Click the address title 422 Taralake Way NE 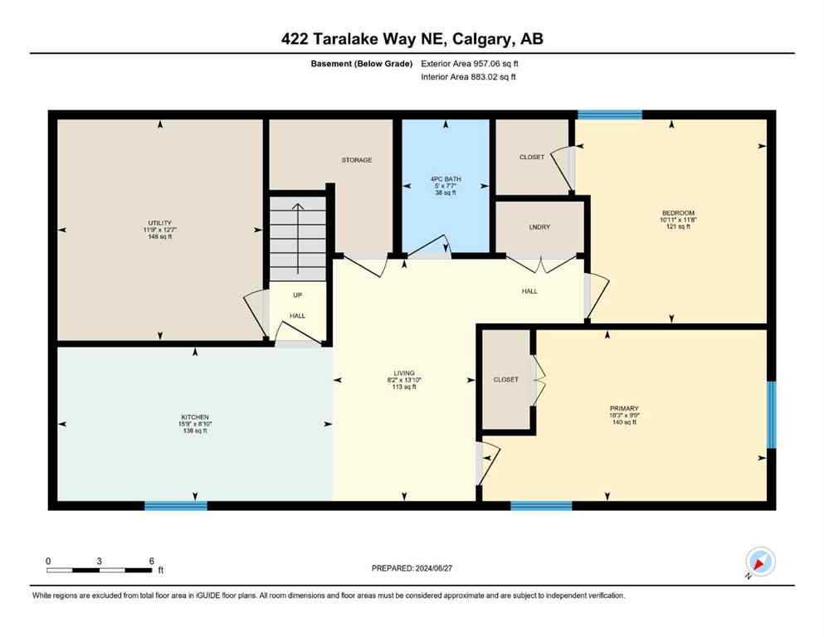point(412,38)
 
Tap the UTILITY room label point(159,222)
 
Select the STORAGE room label point(356,159)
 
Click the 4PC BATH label point(446,178)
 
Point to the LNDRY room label point(539,226)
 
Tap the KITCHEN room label point(195,416)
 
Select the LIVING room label point(404,373)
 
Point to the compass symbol point(759,562)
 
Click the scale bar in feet point(100,570)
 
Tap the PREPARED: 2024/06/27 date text point(412,568)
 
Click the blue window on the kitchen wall point(176,505)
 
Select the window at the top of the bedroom point(610,114)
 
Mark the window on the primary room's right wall point(771,414)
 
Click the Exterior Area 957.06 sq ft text point(471,63)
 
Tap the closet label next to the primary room point(505,380)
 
